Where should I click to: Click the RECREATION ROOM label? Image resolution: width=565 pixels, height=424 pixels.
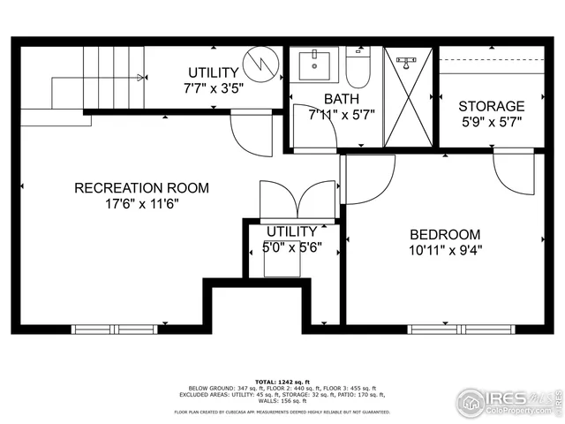(x=141, y=187)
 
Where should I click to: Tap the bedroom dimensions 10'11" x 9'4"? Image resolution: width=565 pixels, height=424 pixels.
(x=445, y=250)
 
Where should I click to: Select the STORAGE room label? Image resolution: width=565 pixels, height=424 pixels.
(x=492, y=106)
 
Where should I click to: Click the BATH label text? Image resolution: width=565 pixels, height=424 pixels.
(x=341, y=99)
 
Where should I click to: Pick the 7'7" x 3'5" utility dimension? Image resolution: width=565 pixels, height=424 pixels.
(x=213, y=87)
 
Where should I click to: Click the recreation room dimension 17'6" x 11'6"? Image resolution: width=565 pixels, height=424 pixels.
(x=141, y=203)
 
